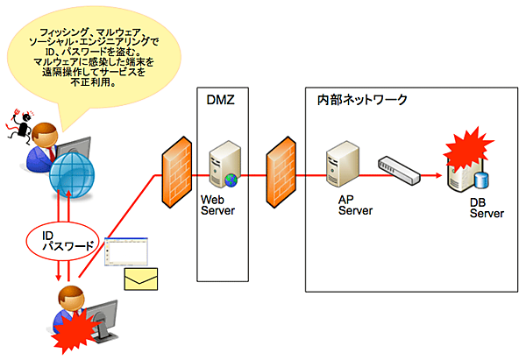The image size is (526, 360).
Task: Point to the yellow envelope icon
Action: pos(140,279)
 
